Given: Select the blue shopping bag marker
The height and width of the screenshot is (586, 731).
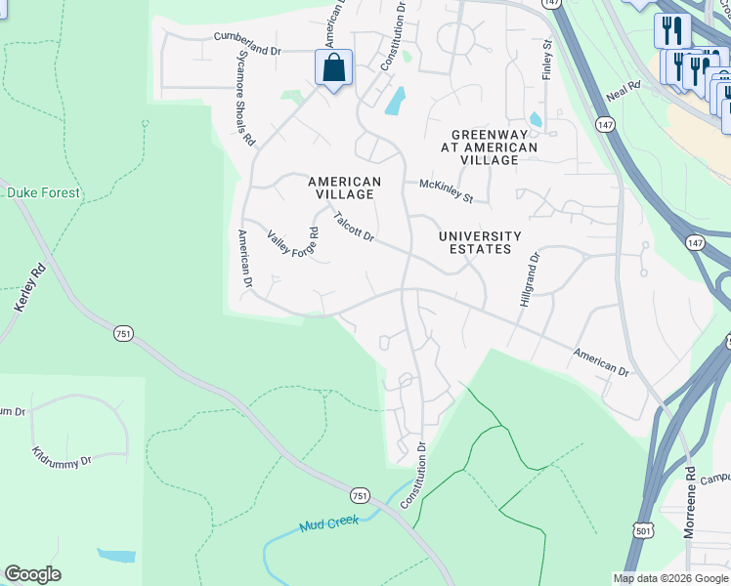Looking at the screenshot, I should (x=333, y=68).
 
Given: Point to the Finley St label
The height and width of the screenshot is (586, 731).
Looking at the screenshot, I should (x=547, y=60).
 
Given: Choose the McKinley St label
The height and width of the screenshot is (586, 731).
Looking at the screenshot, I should (x=446, y=190).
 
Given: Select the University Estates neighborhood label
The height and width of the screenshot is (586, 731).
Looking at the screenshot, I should (x=475, y=242).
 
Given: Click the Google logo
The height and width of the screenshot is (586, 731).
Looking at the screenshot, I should (x=32, y=574).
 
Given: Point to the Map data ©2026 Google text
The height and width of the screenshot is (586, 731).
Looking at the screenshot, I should (x=670, y=578).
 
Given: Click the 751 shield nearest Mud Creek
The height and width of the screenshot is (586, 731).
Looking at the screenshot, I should (x=361, y=495).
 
